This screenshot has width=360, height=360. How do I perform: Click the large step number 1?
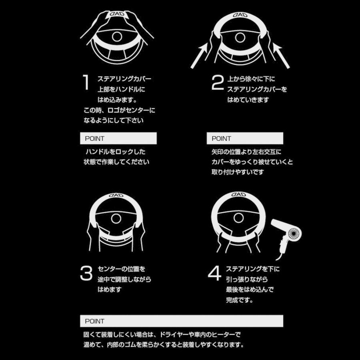(85, 82)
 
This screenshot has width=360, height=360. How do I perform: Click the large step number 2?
(217, 83)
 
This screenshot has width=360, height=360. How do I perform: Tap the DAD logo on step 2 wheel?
(240, 15)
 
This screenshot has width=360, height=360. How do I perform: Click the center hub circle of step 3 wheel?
(116, 218)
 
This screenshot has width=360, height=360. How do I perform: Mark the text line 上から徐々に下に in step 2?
(251, 79)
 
